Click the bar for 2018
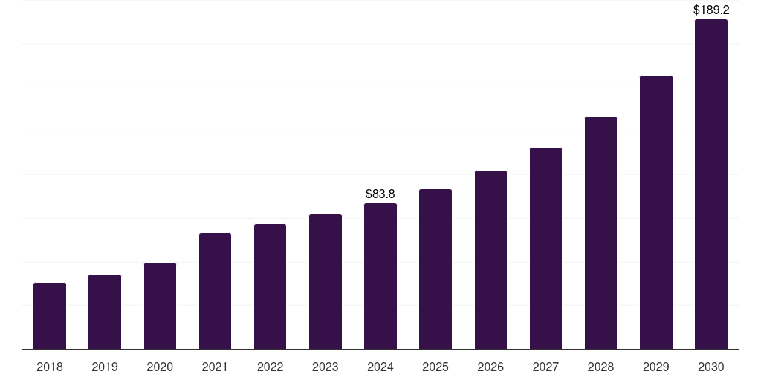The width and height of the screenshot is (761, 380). click(x=50, y=315)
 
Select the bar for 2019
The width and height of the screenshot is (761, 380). click(x=105, y=312)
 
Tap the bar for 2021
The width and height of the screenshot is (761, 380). click(x=215, y=291)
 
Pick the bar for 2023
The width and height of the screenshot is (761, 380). click(x=326, y=281)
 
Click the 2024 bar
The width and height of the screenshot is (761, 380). click(x=380, y=276)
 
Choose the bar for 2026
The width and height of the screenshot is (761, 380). click(x=490, y=260)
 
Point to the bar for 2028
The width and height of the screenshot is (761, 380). click(x=600, y=232)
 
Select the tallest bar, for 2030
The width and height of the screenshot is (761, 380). click(x=710, y=184)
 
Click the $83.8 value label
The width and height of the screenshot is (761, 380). click(x=380, y=194)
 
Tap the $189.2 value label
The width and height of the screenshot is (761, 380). click(x=711, y=10)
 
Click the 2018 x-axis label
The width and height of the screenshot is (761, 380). click(x=50, y=367)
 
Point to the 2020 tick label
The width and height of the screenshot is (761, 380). click(x=160, y=367)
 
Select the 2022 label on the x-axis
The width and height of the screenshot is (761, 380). click(x=271, y=367)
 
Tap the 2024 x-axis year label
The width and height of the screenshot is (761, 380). click(x=380, y=367)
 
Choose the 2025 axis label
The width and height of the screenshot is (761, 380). click(x=435, y=367)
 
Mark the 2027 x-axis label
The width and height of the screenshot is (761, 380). click(x=545, y=367)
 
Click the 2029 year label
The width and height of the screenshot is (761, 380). click(x=655, y=367)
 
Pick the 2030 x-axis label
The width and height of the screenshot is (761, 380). click(x=710, y=367)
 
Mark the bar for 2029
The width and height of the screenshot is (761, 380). click(x=655, y=212)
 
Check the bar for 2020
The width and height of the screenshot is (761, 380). click(x=160, y=306)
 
